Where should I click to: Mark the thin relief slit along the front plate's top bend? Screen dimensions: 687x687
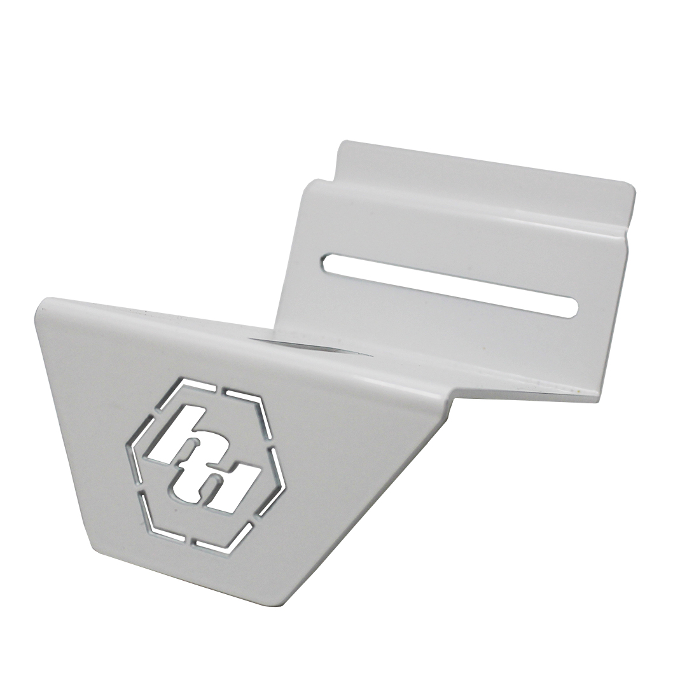(x=299, y=344)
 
